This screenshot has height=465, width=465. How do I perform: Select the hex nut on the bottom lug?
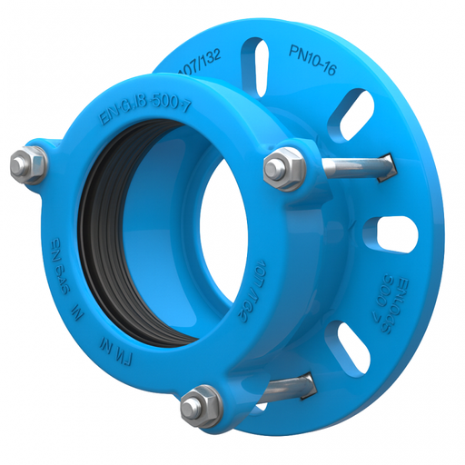(200, 404)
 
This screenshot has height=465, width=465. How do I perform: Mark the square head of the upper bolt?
(387, 164)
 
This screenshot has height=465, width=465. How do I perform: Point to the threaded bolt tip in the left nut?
(23, 163)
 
